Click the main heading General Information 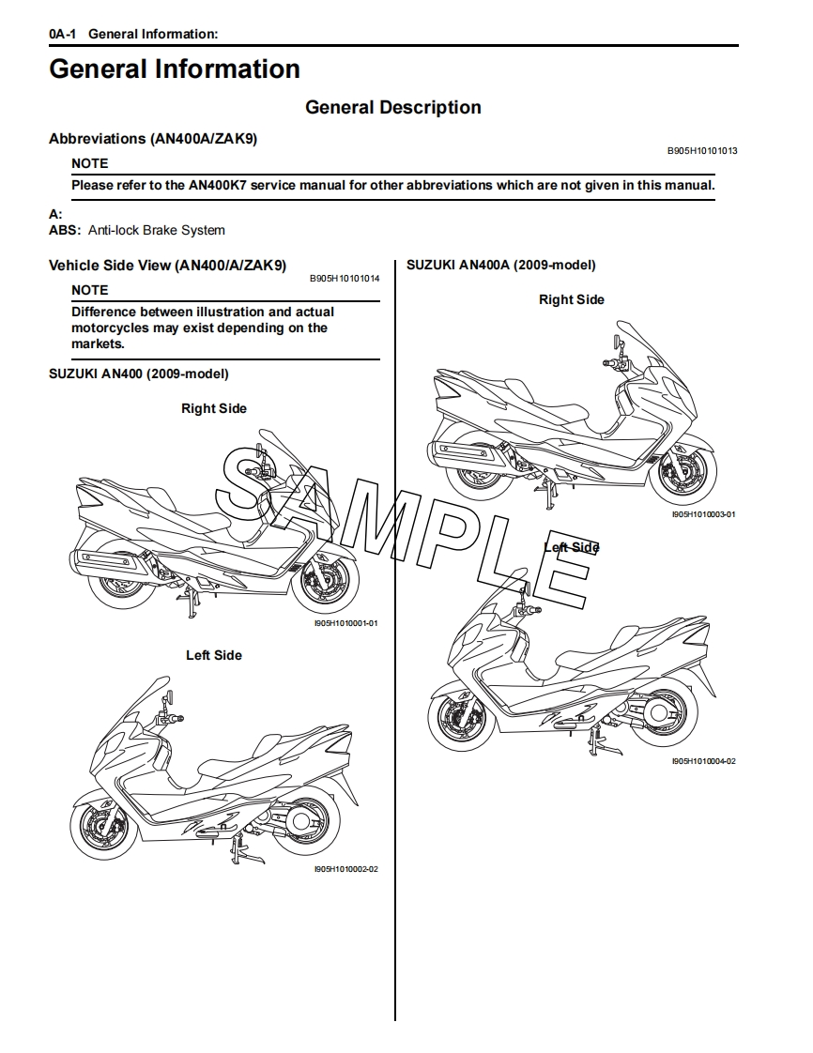tap(175, 69)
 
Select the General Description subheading tap(392, 108)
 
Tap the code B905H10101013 tap(702, 150)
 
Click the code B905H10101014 tap(345, 279)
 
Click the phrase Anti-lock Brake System tap(157, 230)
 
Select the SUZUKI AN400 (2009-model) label tap(138, 374)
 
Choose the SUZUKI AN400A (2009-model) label tap(500, 266)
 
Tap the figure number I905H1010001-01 tap(345, 623)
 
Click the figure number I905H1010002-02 tap(345, 869)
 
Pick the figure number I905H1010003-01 tap(703, 514)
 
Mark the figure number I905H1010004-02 tap(703, 761)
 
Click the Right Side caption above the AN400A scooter tap(571, 299)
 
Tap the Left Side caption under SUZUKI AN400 tap(213, 655)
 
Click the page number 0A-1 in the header tap(63, 35)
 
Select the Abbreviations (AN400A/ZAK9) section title tap(153, 138)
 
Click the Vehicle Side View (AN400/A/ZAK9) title tap(167, 266)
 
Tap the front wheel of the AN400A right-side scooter tap(681, 474)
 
